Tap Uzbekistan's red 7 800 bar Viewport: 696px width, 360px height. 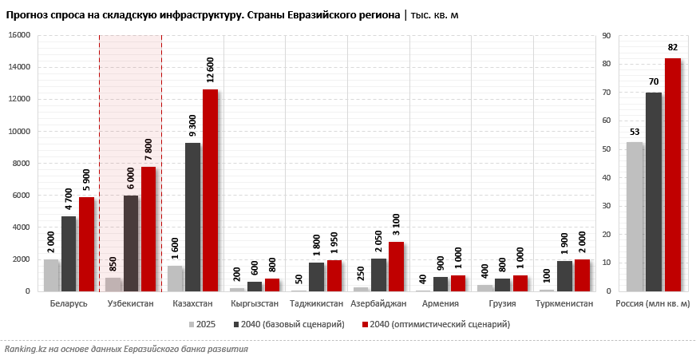coord(148,229)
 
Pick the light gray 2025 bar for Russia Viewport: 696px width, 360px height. coord(635,216)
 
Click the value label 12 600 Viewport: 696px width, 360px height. coord(210,70)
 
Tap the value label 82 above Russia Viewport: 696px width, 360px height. coord(673,47)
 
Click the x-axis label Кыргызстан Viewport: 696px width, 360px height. coord(255,304)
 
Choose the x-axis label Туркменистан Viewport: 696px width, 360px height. coord(564,304)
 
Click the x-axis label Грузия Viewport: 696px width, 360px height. coord(502,304)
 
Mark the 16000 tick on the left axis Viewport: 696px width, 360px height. coord(19,35)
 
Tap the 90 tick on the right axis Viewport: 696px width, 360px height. coord(607,35)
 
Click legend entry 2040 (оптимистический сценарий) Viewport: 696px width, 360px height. coord(440,324)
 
